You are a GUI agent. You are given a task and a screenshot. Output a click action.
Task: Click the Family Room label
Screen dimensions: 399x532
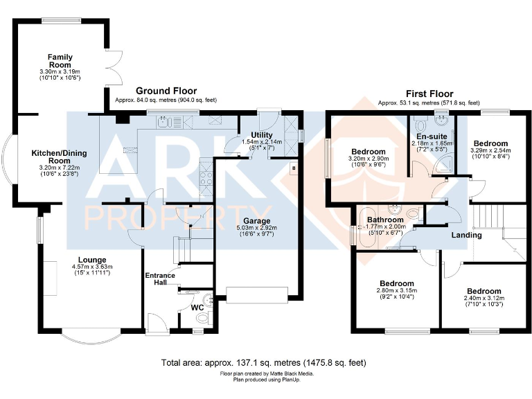click(60, 61)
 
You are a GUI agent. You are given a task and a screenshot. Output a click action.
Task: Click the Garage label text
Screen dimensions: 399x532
click(247, 202)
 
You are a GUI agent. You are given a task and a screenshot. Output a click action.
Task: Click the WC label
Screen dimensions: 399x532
click(196, 306)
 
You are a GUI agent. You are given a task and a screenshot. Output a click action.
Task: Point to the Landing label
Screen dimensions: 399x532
click(466, 236)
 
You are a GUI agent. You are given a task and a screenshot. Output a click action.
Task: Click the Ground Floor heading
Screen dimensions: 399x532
click(166, 91)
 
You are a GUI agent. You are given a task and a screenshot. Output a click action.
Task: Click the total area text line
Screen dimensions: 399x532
click(263, 362)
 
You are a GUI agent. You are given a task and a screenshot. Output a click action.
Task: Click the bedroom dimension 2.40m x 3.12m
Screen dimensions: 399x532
click(484, 299)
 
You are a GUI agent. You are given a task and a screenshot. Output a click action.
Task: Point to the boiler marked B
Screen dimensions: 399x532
click(293, 167)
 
